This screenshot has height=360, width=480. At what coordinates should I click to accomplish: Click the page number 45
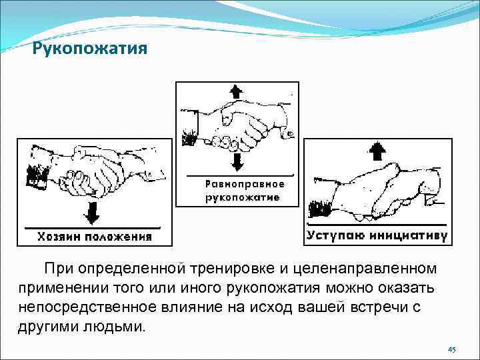(x=451, y=349)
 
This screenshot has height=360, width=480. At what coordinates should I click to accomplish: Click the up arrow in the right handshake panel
(x=377, y=151)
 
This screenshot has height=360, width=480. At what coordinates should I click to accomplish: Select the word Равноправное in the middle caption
(x=245, y=184)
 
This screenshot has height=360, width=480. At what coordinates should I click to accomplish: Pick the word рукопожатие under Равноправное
(x=242, y=197)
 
